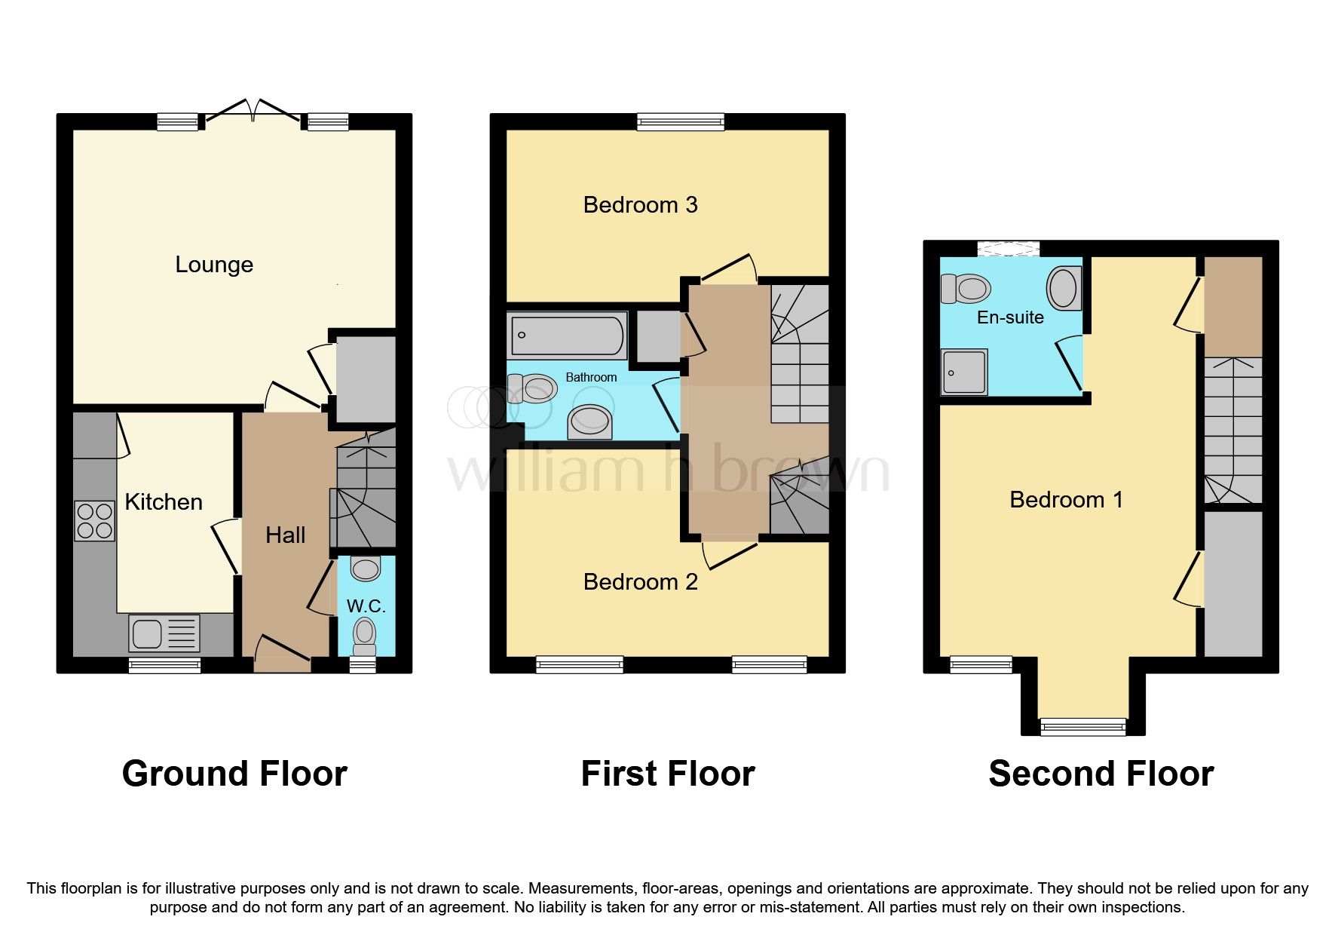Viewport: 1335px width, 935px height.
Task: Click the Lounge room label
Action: coord(214,265)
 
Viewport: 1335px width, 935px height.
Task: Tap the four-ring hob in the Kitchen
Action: coord(94,521)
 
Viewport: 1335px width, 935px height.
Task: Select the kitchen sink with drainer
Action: coord(164,633)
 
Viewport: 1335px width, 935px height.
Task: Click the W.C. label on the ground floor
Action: coord(366,606)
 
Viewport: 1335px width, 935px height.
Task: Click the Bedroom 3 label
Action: coord(640,205)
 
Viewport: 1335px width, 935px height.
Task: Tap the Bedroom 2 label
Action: coord(640,582)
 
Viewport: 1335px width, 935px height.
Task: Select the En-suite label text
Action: coord(1010,317)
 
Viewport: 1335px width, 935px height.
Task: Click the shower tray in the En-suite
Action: coord(964,372)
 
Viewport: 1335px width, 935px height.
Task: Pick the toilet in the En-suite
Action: coord(966,288)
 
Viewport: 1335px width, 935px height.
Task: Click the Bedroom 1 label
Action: coord(1066,500)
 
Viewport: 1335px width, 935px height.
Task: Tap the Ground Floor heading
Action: coord(234,774)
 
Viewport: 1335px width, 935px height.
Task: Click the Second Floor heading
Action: coord(1101,774)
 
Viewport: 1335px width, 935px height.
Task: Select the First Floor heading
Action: coord(667,774)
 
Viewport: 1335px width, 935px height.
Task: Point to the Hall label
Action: coord(285,535)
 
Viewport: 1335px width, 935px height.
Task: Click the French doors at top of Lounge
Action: coord(253,112)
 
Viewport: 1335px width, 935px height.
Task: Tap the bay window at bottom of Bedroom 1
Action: coord(1082,726)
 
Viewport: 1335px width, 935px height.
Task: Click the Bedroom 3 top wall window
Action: coord(680,121)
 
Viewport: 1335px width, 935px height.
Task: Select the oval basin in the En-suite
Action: coord(1064,288)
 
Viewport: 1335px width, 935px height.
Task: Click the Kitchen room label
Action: coord(164,502)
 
